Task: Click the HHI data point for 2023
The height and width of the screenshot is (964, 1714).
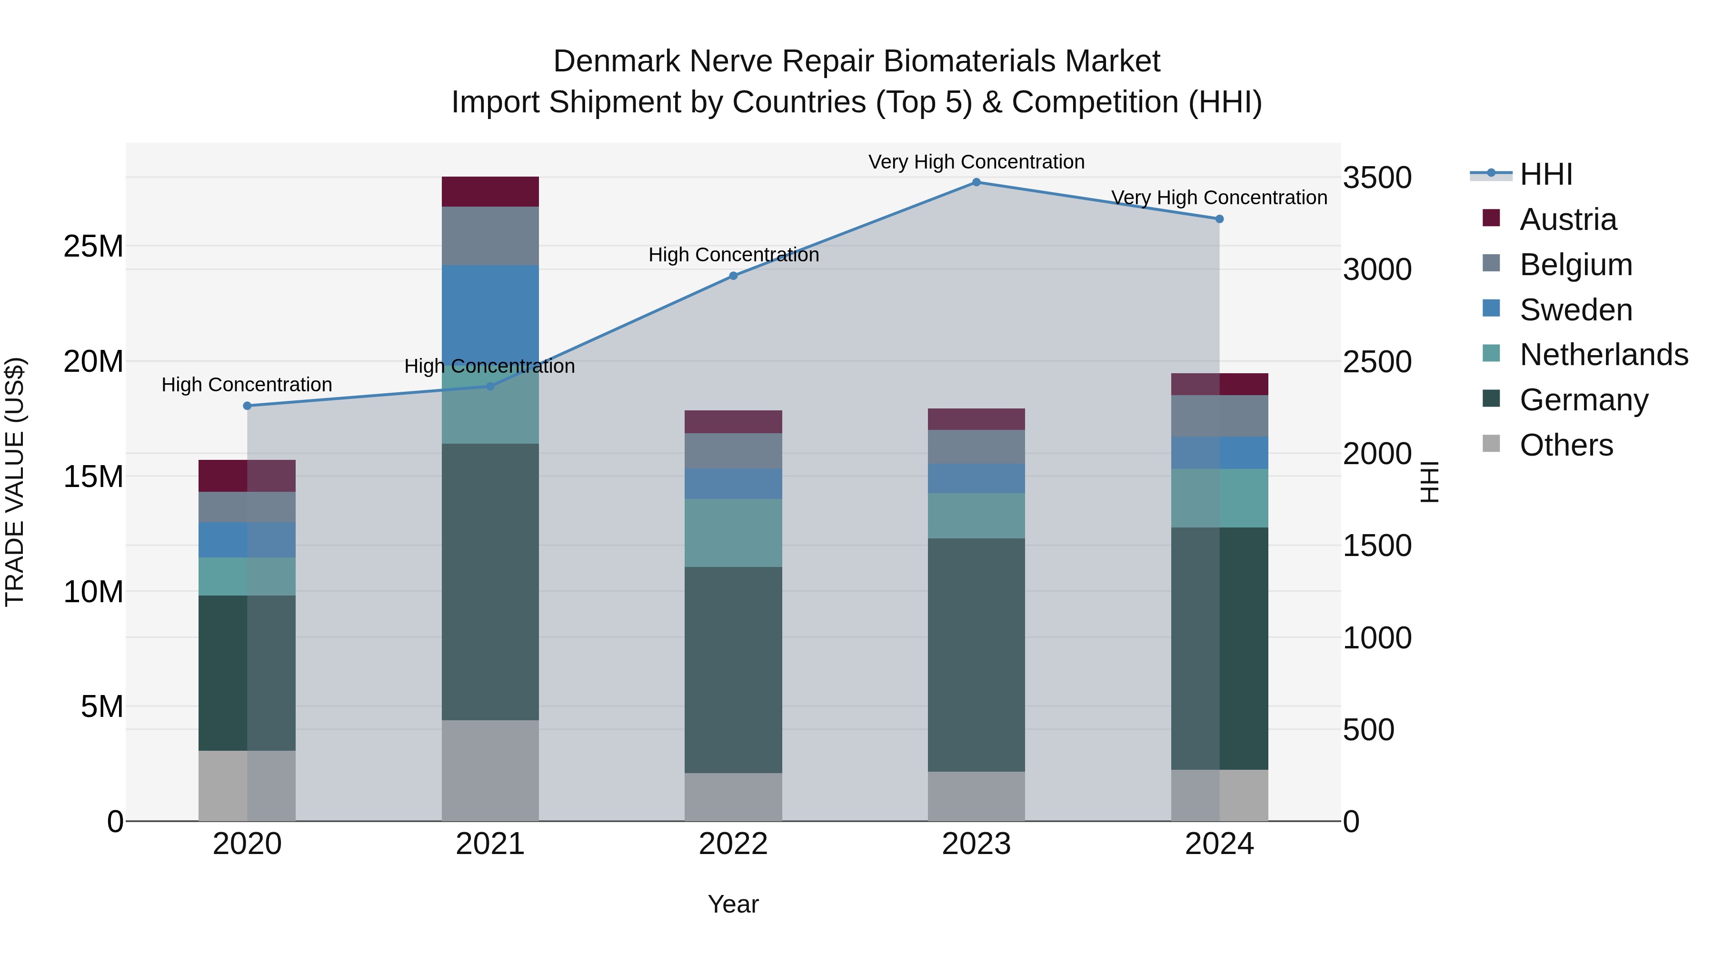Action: point(976,182)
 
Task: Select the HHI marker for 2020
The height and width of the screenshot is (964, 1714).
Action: point(247,406)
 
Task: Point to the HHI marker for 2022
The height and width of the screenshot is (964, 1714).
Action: point(733,276)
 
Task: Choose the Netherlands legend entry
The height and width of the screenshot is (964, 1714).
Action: point(1604,355)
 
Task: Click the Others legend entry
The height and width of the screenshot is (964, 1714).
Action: point(1566,445)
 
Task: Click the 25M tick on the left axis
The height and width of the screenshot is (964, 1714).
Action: point(93,246)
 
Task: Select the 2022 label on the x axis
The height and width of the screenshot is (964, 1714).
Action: point(733,844)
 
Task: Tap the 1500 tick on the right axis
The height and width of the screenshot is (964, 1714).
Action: point(1376,546)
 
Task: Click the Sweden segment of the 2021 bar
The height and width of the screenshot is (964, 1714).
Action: point(490,313)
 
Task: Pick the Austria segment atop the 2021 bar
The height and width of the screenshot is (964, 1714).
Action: point(490,191)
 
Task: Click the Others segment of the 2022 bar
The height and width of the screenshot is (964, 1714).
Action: point(733,796)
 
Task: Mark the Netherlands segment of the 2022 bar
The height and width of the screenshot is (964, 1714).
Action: point(733,532)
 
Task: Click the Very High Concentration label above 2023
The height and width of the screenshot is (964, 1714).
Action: point(976,162)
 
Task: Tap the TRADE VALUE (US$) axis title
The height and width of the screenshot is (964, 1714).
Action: point(15,482)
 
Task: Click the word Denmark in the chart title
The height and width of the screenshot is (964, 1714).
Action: point(617,61)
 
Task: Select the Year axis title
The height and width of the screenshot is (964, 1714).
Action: point(733,904)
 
